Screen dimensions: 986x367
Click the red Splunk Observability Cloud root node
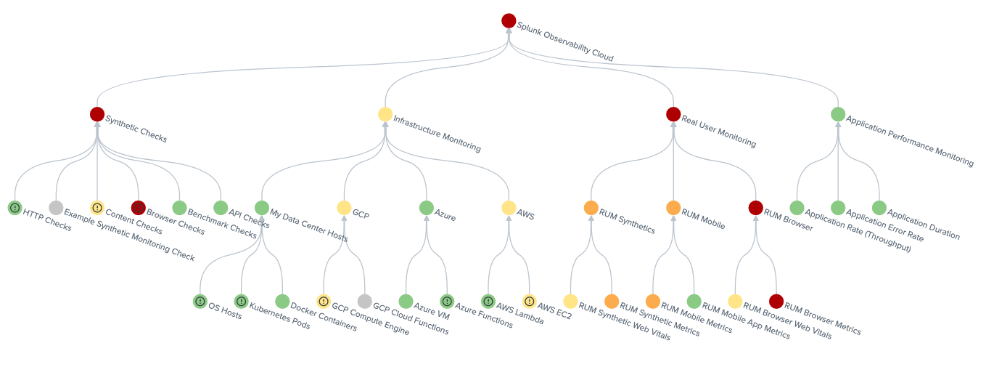509,21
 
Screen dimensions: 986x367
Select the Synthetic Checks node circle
96,114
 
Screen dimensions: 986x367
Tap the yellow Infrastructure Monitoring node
385,114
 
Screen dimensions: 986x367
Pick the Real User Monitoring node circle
673,114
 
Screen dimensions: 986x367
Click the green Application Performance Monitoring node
838,114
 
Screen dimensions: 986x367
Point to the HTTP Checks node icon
15,208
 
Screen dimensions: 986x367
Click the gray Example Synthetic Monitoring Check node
56,208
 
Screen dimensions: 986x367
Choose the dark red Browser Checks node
139,208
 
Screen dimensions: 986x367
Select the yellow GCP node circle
344,208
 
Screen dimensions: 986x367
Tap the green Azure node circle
426,208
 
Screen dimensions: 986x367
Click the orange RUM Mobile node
673,208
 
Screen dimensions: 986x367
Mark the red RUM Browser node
755,208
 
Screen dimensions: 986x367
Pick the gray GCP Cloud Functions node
364,302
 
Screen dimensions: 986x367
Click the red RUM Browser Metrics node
776,302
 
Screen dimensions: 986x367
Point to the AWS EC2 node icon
529,302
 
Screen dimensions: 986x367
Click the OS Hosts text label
225,311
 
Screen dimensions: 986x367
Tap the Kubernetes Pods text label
279,316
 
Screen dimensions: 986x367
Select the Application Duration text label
923,224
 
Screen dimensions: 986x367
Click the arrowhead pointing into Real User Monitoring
673,125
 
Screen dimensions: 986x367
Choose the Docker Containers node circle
282,302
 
